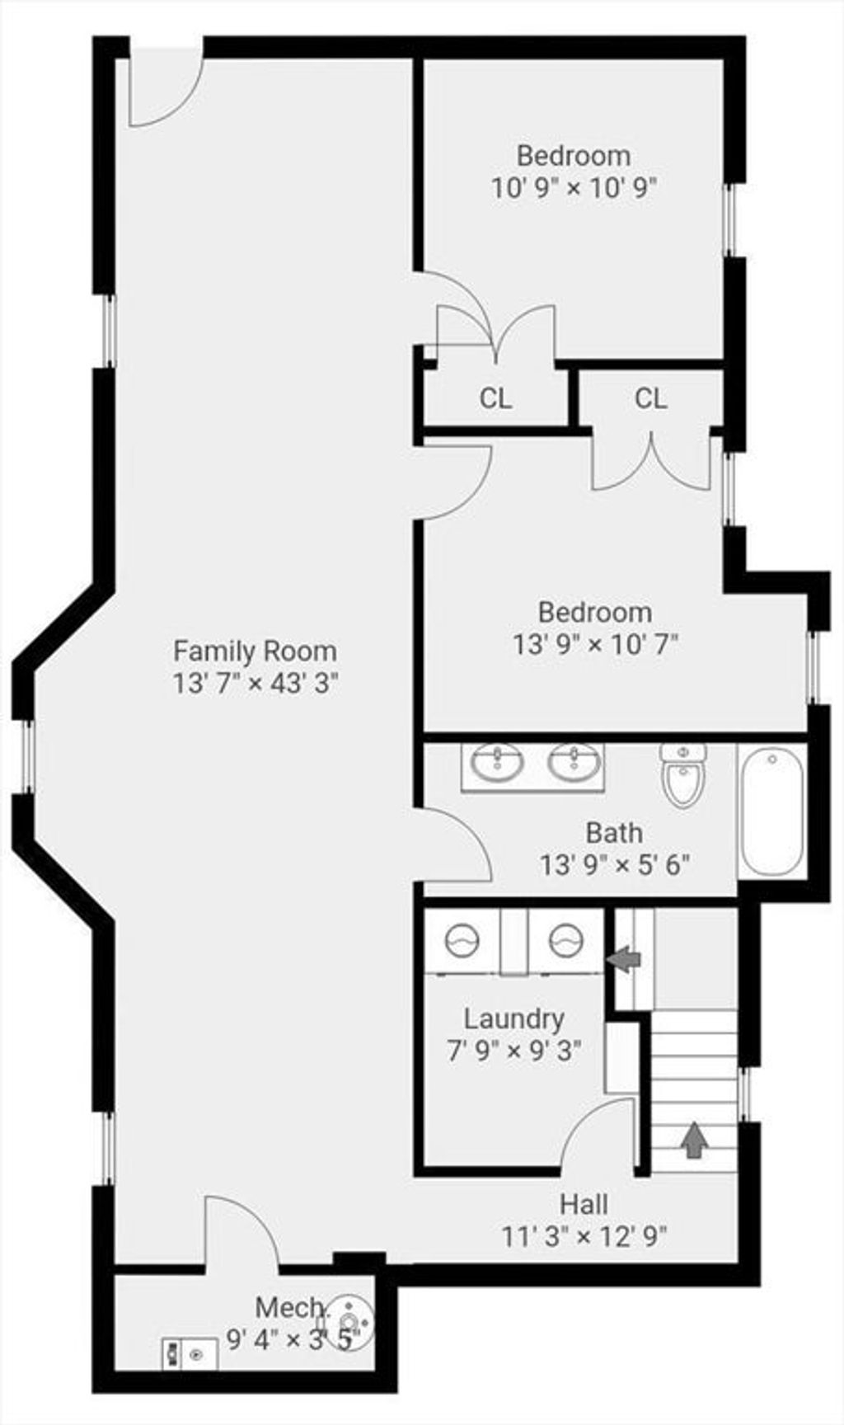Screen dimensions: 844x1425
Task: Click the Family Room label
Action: (255, 651)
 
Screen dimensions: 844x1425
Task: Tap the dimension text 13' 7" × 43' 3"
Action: (256, 684)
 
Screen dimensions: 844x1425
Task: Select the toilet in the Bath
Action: (683, 774)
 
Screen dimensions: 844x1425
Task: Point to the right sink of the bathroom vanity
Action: (574, 763)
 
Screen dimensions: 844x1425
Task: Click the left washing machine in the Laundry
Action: (462, 939)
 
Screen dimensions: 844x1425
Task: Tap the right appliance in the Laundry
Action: (566, 939)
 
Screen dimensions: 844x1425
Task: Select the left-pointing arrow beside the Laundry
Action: (624, 958)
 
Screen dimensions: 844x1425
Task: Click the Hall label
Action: (584, 1204)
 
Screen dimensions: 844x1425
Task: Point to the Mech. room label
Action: (289, 1307)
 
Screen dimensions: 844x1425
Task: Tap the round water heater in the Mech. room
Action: (349, 1324)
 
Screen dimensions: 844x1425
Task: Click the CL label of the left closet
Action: (495, 399)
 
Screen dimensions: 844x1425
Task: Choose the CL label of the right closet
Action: (650, 399)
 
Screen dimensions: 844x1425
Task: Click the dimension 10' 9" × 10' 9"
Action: (574, 187)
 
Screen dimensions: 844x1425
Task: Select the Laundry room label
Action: (514, 1019)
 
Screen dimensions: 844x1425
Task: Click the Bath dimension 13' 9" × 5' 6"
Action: (615, 865)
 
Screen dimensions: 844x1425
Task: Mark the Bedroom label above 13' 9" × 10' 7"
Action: (595, 612)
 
